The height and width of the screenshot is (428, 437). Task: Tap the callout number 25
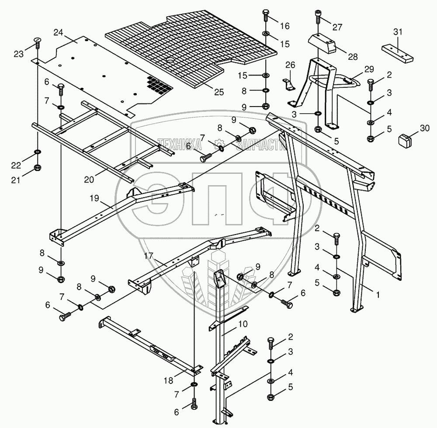click(218, 92)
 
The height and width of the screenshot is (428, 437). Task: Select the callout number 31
click(397, 31)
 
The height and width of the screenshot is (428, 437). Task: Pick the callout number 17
click(149, 256)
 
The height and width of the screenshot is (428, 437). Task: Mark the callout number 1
click(378, 295)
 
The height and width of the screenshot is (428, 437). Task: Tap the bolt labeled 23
click(37, 43)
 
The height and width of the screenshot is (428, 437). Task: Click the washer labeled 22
click(37, 152)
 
